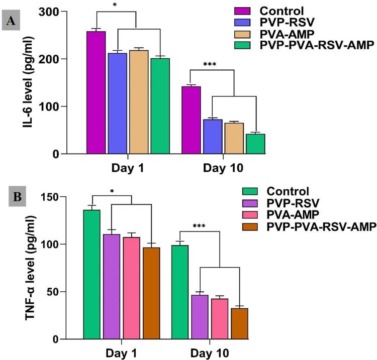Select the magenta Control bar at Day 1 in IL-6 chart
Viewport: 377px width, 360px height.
pyautogui.click(x=96, y=92)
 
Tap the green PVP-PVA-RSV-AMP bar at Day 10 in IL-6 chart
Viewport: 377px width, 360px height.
pyautogui.click(x=255, y=144)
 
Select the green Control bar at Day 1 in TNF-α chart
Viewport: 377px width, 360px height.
pyautogui.click(x=91, y=274)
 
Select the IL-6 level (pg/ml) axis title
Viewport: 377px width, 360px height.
pyautogui.click(x=31, y=82)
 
